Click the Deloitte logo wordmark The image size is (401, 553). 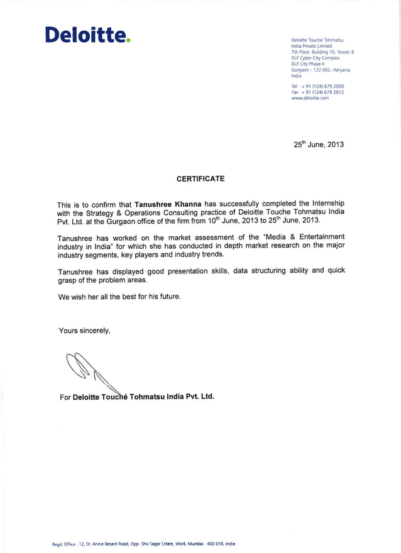(85, 35)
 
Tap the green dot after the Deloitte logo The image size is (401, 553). (128, 41)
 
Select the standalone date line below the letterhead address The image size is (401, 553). (319, 144)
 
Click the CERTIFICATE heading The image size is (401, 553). (200, 179)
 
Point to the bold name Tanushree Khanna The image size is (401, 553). (168, 204)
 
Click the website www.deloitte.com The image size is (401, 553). (310, 99)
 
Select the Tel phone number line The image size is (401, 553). (317, 86)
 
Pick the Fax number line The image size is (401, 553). (317, 92)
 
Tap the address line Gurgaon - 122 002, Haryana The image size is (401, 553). (321, 70)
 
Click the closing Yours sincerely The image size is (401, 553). (84, 331)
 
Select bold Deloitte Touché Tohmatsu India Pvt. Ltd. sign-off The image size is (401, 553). (143, 397)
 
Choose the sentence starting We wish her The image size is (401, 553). (119, 297)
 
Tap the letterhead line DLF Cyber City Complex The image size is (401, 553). (315, 58)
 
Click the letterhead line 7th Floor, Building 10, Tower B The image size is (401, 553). (322, 52)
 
